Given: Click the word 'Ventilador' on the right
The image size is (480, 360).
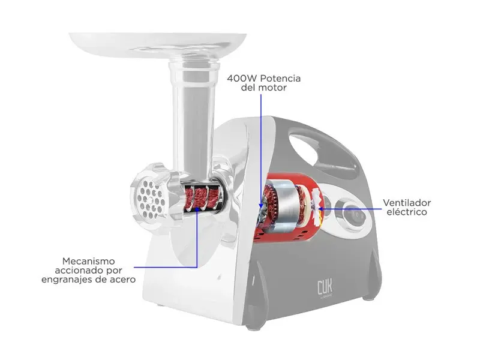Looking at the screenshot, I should tap(407, 203).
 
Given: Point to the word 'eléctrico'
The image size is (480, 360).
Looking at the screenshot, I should tap(407, 212).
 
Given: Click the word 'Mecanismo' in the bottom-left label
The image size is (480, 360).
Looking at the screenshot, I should tap(88, 261).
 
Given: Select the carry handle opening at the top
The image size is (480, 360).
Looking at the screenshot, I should tap(316, 148).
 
